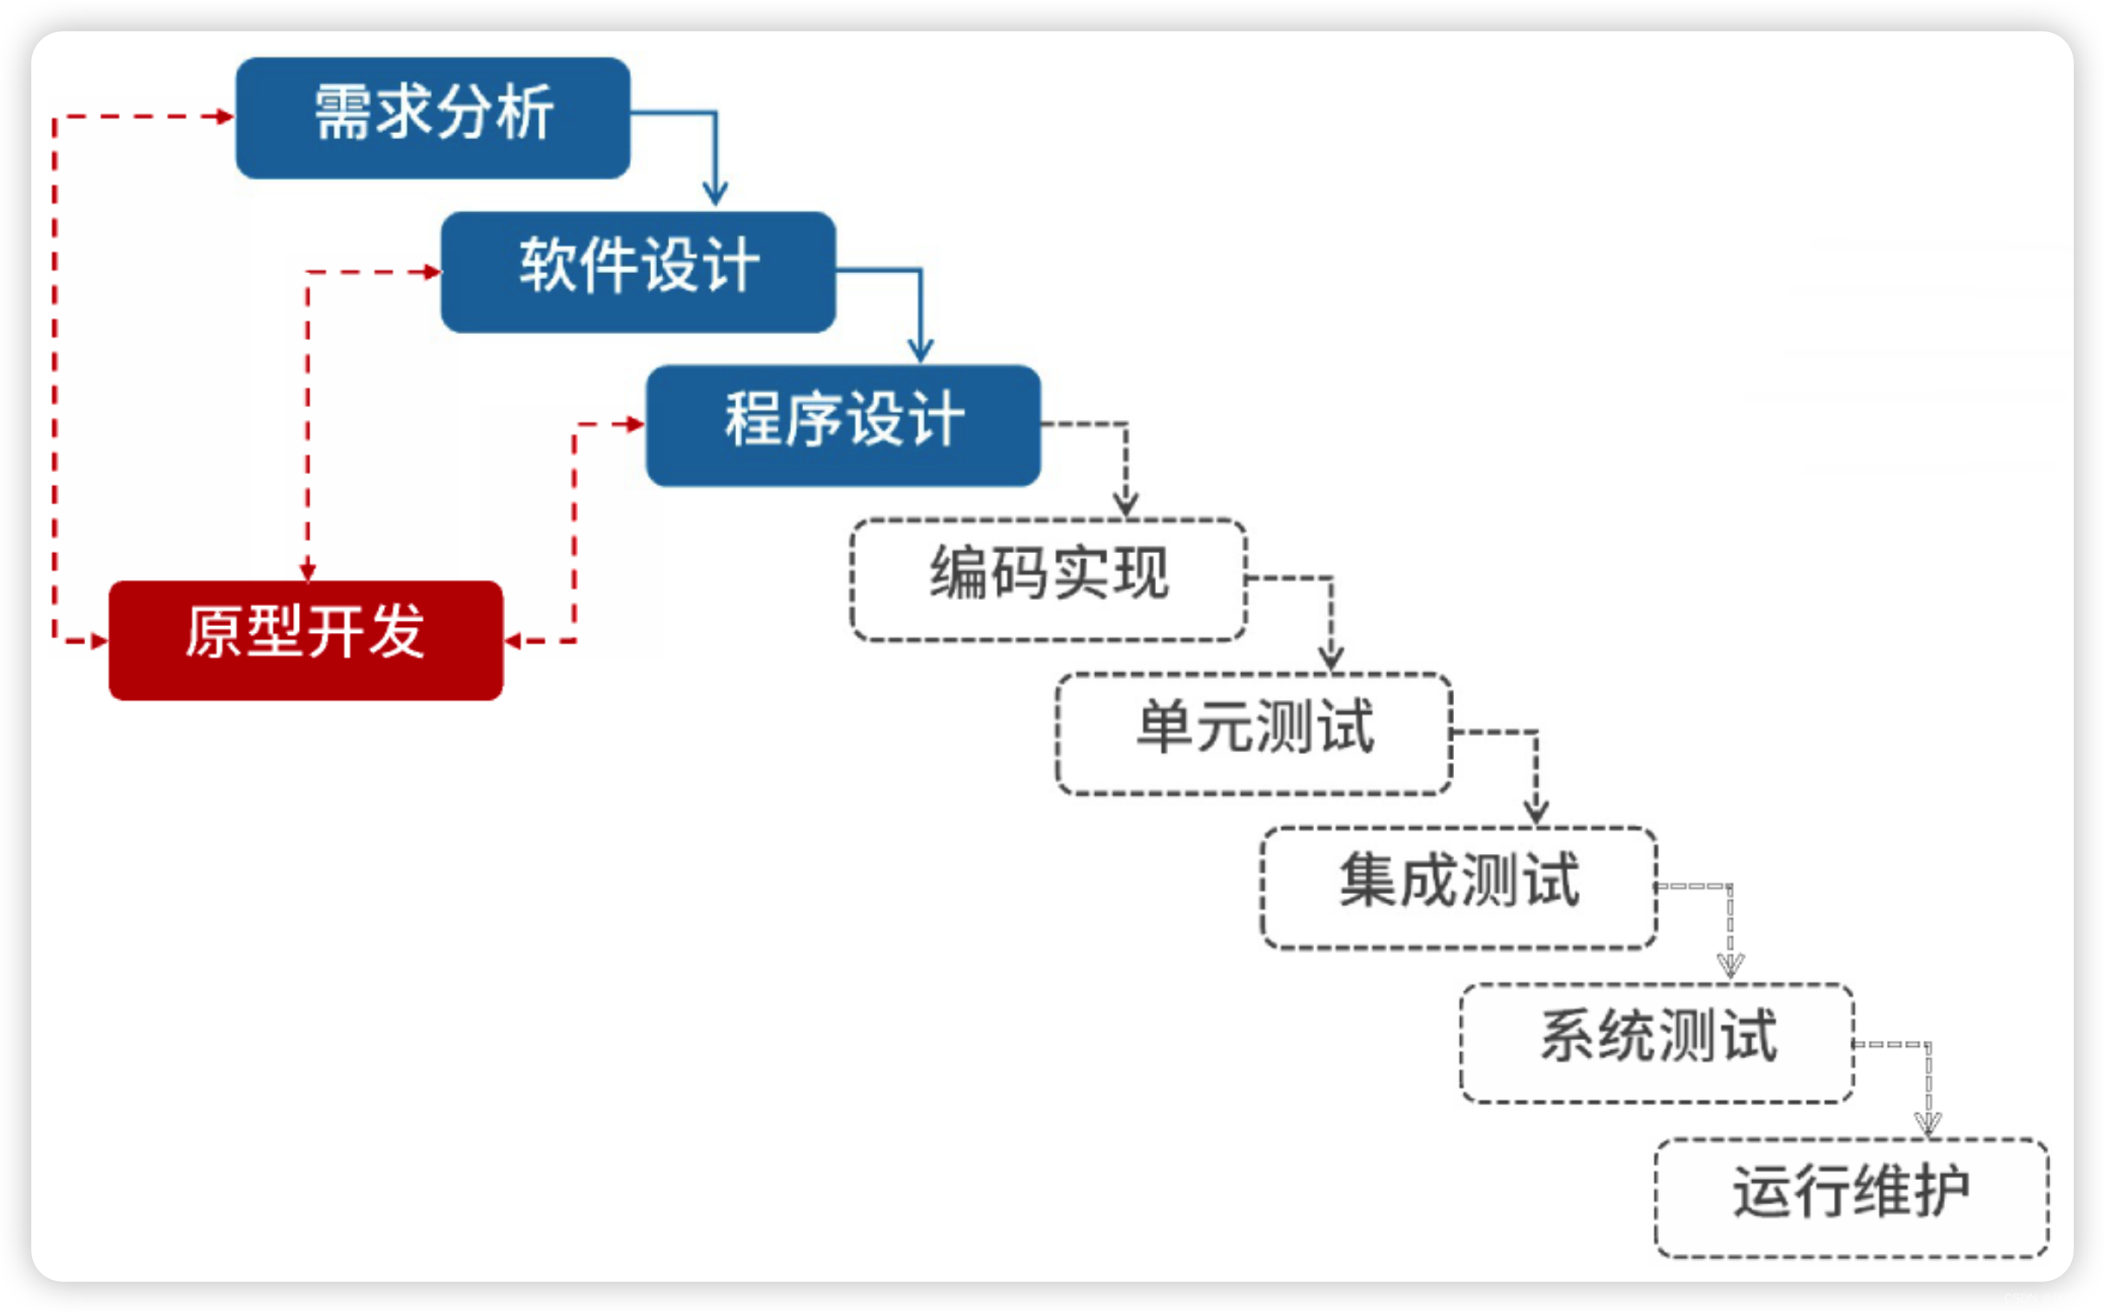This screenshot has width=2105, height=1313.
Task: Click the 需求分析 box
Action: coord(433,117)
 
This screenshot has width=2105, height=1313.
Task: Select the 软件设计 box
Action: coord(638,271)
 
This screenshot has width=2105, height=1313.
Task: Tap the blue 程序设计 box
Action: coord(843,425)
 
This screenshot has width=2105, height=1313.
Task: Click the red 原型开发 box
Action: coord(306,640)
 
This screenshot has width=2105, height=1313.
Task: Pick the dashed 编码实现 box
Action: coord(1048,579)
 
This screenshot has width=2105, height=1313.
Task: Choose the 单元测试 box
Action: coord(1254,733)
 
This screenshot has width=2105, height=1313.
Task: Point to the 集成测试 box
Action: coord(1459,887)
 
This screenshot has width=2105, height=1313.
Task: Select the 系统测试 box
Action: coord(1657,1042)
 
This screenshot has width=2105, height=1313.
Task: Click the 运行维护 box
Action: coord(1851,1196)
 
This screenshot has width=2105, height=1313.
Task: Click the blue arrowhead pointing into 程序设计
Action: coord(920,350)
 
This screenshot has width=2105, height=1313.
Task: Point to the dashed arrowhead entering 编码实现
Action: coord(1126,504)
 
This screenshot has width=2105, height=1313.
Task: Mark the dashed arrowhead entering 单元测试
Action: coord(1331,658)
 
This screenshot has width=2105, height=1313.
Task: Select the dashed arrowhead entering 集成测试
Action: coord(1537,812)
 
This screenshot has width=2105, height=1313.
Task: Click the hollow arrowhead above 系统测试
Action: coord(1730,965)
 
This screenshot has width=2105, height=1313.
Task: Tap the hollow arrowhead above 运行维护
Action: coord(1928,1123)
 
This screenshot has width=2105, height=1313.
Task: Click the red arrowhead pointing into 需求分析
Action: coord(224,116)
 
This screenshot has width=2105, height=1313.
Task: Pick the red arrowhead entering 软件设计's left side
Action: coord(431,272)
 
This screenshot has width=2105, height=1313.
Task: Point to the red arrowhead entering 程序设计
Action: coord(635,424)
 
